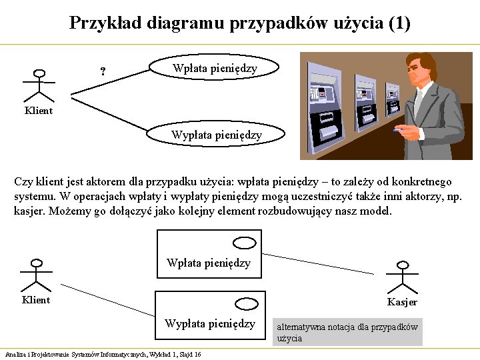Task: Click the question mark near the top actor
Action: coord(102,71)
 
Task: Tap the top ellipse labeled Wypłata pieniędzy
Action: coord(216,135)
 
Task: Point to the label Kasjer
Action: coord(402,302)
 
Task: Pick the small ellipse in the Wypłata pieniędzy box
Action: coord(247,304)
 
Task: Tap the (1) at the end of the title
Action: coord(398,24)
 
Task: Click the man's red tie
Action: coord(419,100)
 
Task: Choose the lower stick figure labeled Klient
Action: coord(36,275)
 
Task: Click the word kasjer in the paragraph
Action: coord(28,211)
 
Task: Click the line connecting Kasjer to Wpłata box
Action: coord(320,260)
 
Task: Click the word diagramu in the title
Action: coord(181,24)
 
